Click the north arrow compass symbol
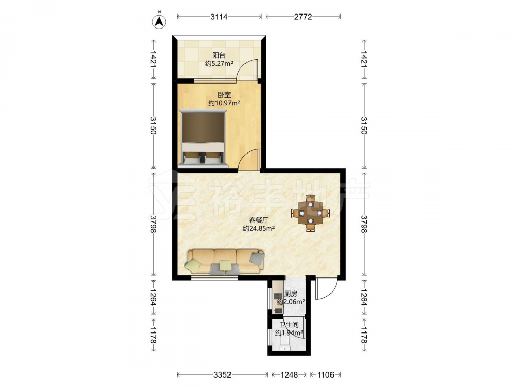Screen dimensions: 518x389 [x=159, y=21]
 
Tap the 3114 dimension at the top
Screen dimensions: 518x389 [x=219, y=17]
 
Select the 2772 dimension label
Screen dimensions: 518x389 [x=303, y=17]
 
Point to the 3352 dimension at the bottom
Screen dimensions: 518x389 [x=222, y=375]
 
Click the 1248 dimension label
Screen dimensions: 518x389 [x=289, y=375]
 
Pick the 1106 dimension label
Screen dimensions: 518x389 [x=325, y=375]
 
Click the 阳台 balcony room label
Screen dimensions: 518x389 [x=219, y=55]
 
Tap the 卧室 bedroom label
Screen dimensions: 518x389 [x=224, y=94]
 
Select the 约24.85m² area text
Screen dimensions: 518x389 [x=258, y=228]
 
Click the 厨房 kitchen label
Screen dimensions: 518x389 [x=291, y=294]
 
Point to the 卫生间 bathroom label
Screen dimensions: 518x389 [x=289, y=325]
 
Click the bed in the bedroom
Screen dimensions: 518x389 [x=203, y=138]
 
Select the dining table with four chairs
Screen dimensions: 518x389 [x=310, y=213]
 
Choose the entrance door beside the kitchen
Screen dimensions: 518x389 [x=326, y=289]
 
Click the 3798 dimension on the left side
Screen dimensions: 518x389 [x=153, y=224]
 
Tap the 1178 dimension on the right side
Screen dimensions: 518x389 [x=364, y=335]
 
